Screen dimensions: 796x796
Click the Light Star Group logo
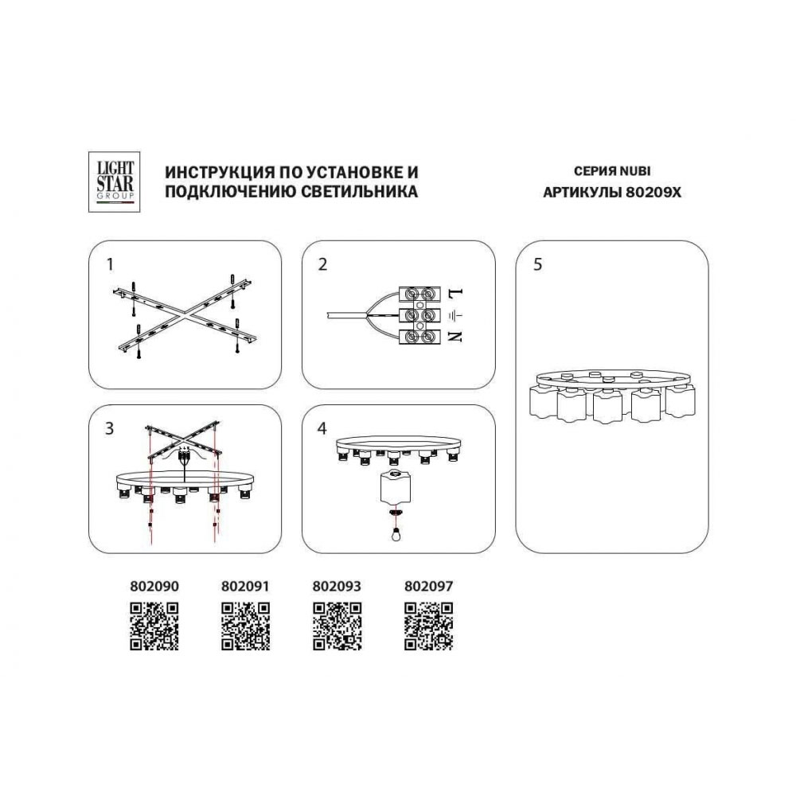[114, 181]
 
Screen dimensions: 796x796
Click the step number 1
[110, 264]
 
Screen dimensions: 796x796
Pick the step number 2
[322, 264]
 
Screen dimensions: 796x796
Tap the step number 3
[109, 428]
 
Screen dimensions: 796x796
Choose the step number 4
[322, 428]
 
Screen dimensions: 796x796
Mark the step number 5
[537, 264]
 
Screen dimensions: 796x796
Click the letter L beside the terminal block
[455, 294]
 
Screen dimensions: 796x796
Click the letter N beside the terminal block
[455, 336]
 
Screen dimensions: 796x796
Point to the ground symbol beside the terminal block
[455, 316]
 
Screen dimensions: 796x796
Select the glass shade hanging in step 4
[395, 486]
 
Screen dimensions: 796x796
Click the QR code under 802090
[154, 626]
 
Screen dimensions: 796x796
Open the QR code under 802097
[428, 626]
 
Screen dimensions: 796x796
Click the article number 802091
[245, 587]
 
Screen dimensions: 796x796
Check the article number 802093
[337, 587]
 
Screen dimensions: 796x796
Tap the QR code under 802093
[337, 626]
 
